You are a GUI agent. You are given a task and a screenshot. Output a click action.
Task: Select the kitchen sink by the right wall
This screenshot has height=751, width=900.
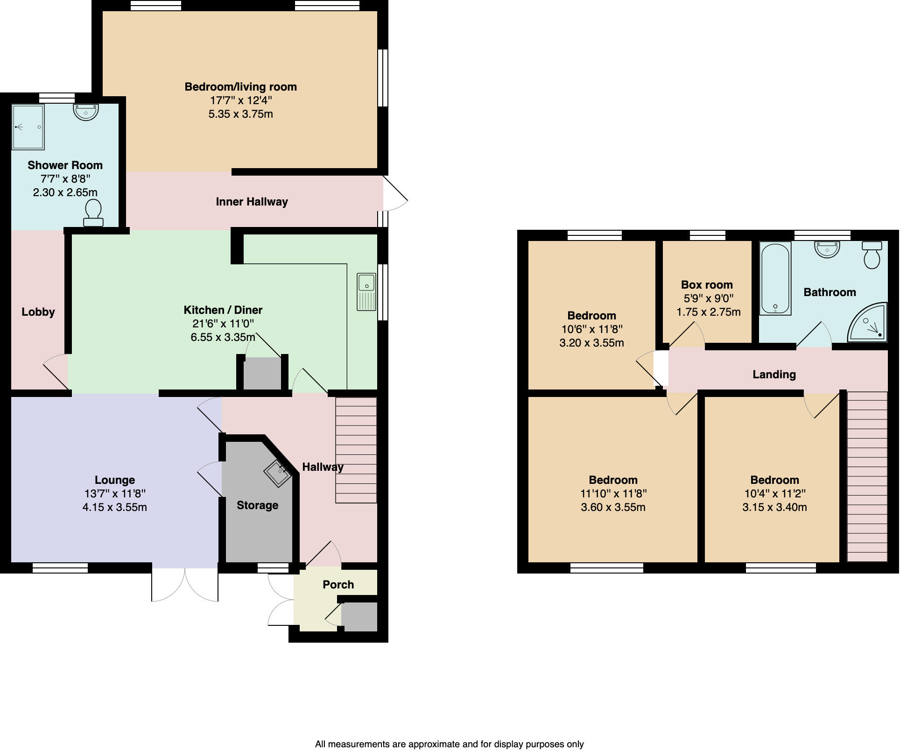tap(366, 291)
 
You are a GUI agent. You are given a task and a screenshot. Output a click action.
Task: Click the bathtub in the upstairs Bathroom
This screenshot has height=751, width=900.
tap(775, 279)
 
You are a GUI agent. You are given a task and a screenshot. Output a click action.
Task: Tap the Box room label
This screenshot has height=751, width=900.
tap(707, 285)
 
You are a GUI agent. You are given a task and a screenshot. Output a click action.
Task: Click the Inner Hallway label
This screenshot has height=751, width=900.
tap(252, 202)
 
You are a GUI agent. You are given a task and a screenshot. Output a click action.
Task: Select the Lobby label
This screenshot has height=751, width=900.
tap(38, 312)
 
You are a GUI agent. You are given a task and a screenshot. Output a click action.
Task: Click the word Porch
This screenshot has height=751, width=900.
tap(338, 585)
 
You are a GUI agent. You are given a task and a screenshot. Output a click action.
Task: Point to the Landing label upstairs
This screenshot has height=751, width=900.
tap(774, 374)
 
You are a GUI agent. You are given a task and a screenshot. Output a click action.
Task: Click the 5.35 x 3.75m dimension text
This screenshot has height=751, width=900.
tap(240, 114)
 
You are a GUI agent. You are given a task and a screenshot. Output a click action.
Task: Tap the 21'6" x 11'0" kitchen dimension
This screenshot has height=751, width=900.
tap(223, 324)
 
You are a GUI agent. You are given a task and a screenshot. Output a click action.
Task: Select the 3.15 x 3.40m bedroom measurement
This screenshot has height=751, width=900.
tap(774, 507)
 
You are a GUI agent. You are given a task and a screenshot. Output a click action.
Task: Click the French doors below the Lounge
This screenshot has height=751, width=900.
tap(185, 585)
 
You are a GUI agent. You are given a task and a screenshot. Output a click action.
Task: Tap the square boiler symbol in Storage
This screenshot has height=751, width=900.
tap(278, 473)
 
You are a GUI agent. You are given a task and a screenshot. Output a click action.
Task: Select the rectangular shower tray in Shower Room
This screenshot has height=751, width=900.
tap(28, 127)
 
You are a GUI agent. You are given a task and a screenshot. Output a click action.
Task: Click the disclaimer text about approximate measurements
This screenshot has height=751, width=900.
tap(449, 744)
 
